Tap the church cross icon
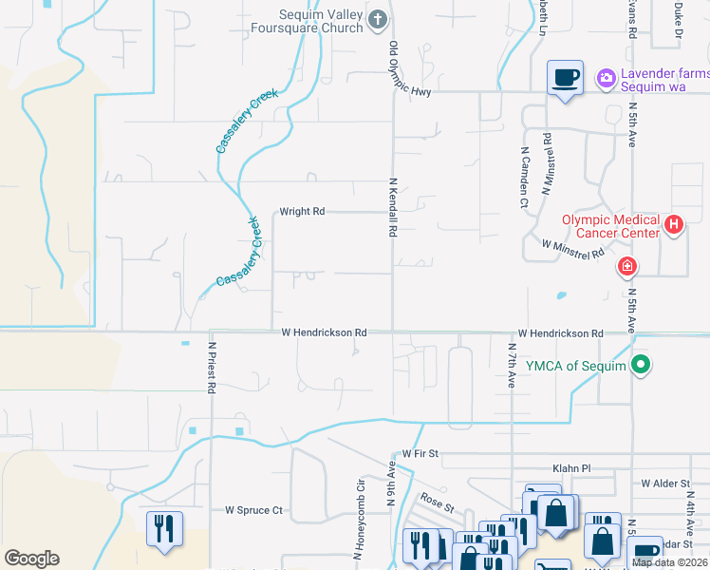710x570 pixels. [378, 19]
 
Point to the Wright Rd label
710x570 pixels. [302, 212]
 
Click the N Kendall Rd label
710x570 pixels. [392, 207]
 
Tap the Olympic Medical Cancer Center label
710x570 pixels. [610, 225]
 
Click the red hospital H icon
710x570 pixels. [674, 225]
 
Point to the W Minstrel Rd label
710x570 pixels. [573, 249]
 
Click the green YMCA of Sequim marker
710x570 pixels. [642, 363]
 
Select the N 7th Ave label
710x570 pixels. [511, 364]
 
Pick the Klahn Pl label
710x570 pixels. [571, 468]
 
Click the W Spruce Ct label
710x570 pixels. [253, 510]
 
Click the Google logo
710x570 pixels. [31, 559]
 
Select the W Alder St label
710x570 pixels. [664, 484]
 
